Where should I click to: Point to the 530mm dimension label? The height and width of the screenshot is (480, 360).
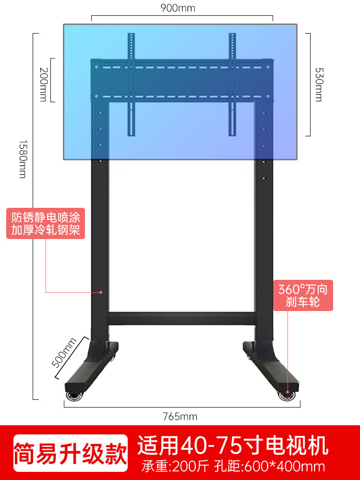click(x=318, y=84)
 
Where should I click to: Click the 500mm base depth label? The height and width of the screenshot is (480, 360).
click(x=64, y=353)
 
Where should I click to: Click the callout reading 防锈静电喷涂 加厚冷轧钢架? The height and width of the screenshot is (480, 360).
click(x=46, y=223)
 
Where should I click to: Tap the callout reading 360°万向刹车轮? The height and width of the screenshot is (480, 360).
click(x=303, y=296)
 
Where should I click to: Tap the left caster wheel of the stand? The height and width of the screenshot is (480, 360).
click(x=75, y=396)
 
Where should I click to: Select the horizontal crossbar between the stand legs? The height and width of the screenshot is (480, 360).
click(x=181, y=318)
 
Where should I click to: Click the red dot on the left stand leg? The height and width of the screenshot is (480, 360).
click(x=101, y=291)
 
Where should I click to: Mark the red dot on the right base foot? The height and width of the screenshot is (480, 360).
click(x=288, y=391)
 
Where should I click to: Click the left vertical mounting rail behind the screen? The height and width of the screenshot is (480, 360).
click(x=130, y=84)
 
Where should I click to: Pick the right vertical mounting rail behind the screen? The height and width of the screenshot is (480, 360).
click(x=232, y=84)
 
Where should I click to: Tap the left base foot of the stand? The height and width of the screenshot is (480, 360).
click(x=91, y=367)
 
